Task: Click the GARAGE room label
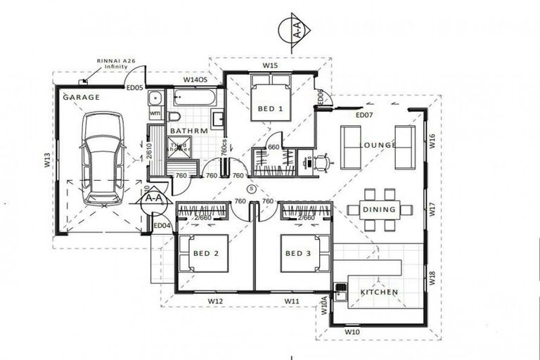[82, 97]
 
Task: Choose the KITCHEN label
[380, 292]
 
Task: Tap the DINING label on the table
[379, 210]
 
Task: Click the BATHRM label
[188, 131]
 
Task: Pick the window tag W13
[46, 160]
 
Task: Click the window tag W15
[269, 65]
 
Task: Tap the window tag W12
[215, 301]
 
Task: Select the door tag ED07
[364, 115]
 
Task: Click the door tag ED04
[162, 225]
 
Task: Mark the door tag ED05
[134, 88]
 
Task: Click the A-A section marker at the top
[298, 29]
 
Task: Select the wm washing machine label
[155, 113]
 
